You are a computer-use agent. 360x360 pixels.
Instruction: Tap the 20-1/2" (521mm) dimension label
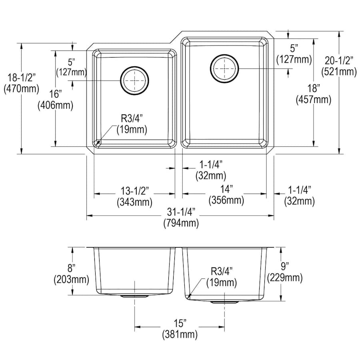pos(339,66)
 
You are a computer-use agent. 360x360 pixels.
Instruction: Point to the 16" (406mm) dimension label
pos(55,100)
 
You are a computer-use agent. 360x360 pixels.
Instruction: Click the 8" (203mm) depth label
pos(71,274)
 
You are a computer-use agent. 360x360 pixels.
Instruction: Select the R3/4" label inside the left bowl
pos(132,124)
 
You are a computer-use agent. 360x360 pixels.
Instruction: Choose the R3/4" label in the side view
pos(222,277)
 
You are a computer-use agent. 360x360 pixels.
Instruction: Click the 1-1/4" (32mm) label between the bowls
pos(210,170)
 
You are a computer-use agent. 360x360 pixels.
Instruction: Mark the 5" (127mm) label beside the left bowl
pos(71,67)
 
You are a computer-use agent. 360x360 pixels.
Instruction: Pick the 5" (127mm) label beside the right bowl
pos(294,54)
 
